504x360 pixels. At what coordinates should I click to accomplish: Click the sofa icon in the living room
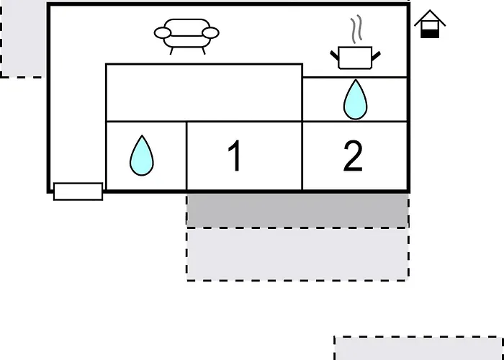pos(186,36)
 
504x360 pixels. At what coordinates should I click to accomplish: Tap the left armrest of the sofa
pos(163,33)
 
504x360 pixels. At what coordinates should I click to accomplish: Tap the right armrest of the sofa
pos(210,33)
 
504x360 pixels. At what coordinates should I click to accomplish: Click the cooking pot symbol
pos(355,58)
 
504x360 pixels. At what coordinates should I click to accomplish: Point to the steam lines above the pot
pos(356,29)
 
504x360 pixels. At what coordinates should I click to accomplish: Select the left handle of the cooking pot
pos(335,56)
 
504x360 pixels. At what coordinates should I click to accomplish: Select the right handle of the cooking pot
pos(376,56)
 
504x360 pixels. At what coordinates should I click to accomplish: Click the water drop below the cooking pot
pos(355,100)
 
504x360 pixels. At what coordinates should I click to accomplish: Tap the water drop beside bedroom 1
pos(142,156)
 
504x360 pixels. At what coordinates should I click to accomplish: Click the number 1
pos(235,156)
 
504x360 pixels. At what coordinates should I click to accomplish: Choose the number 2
pos(353,156)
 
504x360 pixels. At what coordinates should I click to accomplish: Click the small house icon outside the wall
pos(430,24)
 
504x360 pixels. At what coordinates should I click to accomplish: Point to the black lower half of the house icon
pos(430,33)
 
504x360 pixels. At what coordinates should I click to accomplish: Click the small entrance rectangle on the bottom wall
pos(78,192)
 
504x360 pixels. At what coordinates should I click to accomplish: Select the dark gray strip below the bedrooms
pos(297,210)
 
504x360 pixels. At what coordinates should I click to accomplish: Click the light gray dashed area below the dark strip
pos(297,254)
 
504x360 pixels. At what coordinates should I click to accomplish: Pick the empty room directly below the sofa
pos(204,93)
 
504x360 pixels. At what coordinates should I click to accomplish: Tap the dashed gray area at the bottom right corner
pos(419,348)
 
